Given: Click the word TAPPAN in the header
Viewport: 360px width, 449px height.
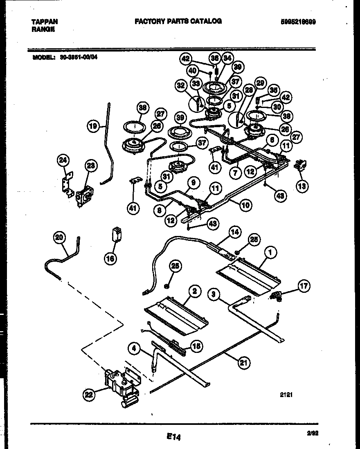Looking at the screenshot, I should [x=45, y=22].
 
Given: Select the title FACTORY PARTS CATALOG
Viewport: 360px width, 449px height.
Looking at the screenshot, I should [x=178, y=21].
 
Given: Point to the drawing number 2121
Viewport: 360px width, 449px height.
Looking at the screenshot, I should [x=286, y=395].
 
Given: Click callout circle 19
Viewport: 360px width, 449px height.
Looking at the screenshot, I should [x=94, y=127].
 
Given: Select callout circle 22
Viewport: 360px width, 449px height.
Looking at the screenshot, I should [x=89, y=395].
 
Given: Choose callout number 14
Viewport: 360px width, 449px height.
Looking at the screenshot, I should [x=234, y=232].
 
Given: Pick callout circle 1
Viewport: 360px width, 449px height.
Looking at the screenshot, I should [x=269, y=253].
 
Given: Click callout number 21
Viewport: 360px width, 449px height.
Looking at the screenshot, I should [x=244, y=362].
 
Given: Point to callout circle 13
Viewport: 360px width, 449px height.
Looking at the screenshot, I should [x=302, y=186].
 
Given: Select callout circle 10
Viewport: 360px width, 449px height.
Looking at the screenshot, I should [x=245, y=205].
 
